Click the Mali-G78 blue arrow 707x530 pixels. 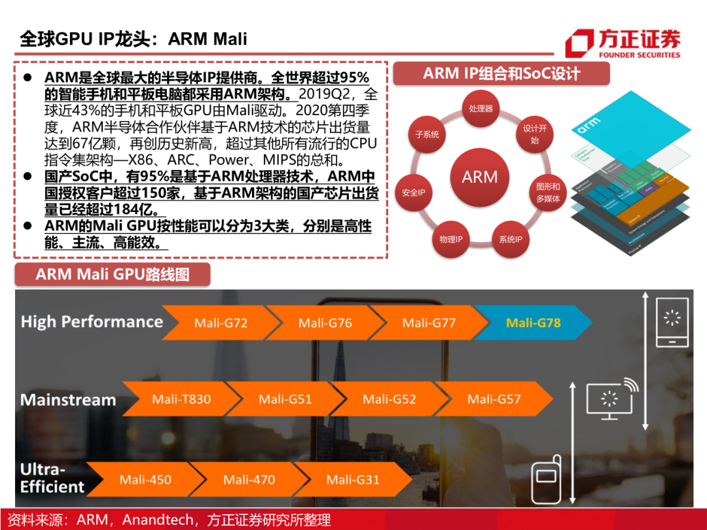pos(534,323)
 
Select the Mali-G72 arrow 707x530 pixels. pos(221,323)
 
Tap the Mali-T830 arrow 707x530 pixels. pos(181,399)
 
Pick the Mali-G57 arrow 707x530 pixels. pos(494,399)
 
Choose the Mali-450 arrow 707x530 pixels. pos(145,480)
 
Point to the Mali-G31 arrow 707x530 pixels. pos(353,480)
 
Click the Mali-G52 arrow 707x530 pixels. pos(390,399)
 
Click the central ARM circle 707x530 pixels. pos(480,177)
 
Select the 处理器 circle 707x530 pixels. pos(480,109)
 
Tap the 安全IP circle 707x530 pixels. pos(414,193)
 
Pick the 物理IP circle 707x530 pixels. pos(450,239)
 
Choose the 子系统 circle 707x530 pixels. pos(427,135)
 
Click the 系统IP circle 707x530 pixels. pos(510,239)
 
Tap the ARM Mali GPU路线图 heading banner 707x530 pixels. pos(113,274)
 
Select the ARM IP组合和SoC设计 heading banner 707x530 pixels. pos(501,73)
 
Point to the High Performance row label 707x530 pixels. pos(92,322)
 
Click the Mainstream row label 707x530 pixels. pos(68,400)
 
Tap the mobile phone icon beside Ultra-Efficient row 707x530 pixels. pos(545,481)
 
